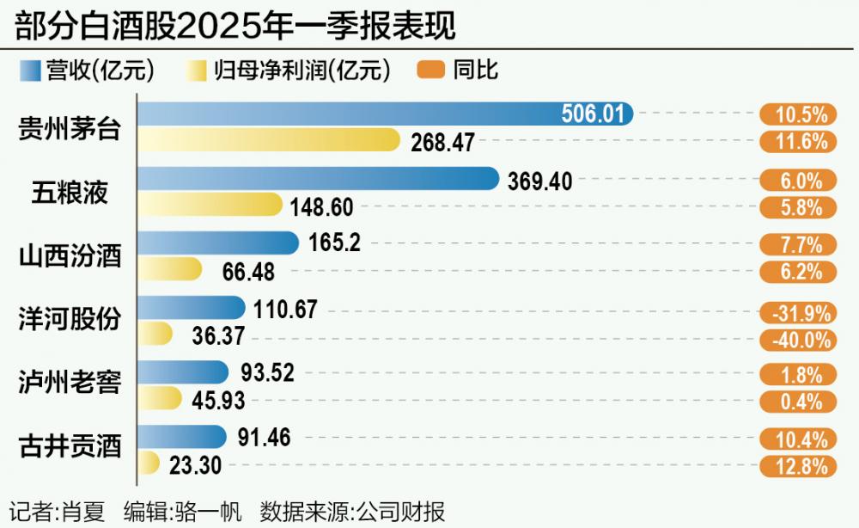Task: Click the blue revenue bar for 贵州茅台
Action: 387,114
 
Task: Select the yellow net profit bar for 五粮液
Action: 210,205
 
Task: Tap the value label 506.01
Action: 592,114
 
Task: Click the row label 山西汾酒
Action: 70,256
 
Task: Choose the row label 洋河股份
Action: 70,319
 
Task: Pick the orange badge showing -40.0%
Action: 796,340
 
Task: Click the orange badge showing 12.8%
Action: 796,466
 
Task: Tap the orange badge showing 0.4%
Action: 796,402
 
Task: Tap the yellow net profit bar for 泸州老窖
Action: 160,399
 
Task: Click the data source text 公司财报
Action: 412,513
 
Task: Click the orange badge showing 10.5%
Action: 796,114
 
